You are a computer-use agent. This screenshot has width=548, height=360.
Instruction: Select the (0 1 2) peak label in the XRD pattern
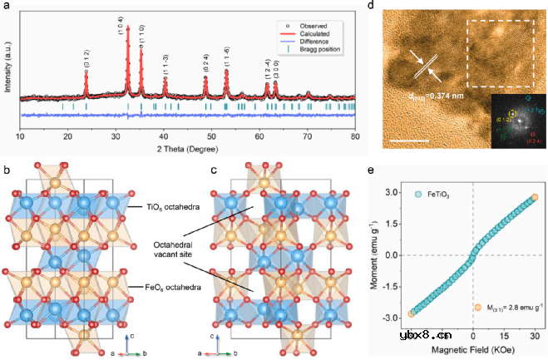(x=86, y=59)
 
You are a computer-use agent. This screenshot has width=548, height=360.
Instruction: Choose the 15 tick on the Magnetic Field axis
(x=504, y=337)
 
